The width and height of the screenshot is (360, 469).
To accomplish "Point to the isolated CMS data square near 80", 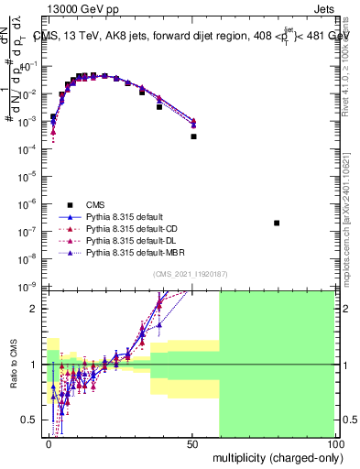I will point(277,223).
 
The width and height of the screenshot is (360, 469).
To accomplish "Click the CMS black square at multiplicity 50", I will point(192,136).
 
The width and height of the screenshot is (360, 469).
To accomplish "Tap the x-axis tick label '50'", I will point(191,443).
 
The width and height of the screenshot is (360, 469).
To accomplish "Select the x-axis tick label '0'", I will point(49,443).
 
